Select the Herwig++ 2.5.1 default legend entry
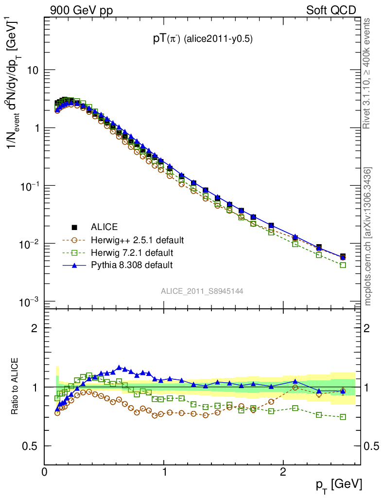point(136,240)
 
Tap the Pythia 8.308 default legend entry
point(131,265)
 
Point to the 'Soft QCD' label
point(331,10)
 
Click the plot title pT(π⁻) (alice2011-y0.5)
point(202,39)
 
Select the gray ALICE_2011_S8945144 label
point(202,291)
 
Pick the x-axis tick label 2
point(283,472)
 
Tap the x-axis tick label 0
point(44,472)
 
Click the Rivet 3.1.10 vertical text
point(367,73)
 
